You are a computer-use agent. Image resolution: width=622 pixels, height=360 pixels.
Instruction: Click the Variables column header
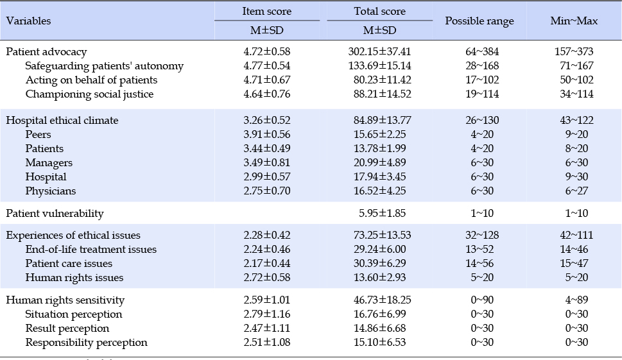(x=28, y=21)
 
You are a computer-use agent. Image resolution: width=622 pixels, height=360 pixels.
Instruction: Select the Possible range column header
(x=479, y=21)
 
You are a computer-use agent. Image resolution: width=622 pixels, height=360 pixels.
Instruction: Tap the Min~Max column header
(x=574, y=21)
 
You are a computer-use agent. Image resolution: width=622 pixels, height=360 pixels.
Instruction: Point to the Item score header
(x=267, y=11)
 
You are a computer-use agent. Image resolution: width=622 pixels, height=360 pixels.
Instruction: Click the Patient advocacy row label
(x=46, y=51)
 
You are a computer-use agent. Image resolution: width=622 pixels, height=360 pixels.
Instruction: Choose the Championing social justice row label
(x=89, y=94)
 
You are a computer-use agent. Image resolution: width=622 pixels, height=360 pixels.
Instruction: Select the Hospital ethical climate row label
(x=62, y=120)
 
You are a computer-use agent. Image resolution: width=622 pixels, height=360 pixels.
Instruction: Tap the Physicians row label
(x=50, y=191)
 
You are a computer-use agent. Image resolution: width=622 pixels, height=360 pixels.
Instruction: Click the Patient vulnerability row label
(x=55, y=213)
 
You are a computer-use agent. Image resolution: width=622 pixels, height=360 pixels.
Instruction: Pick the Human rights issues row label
(x=74, y=277)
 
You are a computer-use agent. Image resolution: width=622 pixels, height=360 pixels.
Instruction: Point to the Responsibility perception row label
(x=86, y=342)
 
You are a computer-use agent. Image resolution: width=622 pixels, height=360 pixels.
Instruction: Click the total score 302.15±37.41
(x=379, y=51)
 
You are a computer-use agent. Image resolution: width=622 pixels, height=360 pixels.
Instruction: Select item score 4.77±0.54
(x=267, y=65)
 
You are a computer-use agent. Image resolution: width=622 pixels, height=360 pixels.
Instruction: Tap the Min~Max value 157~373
(x=574, y=51)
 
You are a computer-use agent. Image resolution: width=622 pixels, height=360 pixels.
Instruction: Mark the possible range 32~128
(x=482, y=235)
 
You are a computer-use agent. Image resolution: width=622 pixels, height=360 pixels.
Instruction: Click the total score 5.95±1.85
(x=383, y=213)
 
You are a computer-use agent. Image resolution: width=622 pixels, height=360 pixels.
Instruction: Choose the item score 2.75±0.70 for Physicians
(x=267, y=191)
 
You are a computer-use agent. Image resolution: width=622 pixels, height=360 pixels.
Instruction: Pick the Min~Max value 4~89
(x=577, y=300)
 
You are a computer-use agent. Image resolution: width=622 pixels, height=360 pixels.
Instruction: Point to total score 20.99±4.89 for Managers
(x=379, y=162)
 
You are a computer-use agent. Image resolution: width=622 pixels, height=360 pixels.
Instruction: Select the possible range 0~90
(x=482, y=300)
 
